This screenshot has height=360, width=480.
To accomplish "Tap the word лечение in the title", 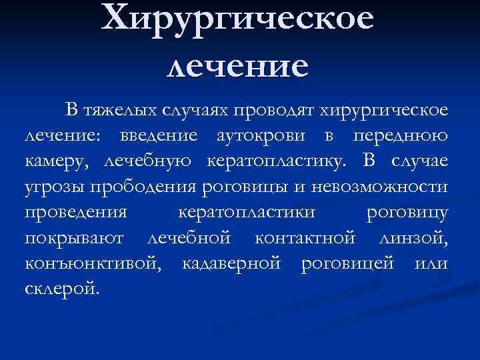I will click(x=238, y=67).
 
